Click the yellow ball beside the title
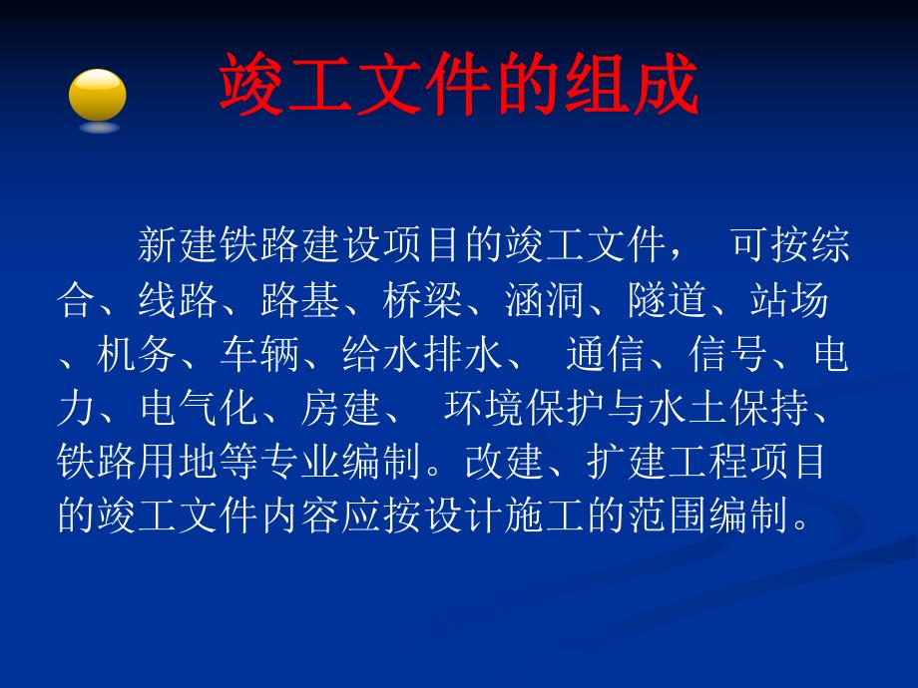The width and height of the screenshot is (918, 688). click(97, 96)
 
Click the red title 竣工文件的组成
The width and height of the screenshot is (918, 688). click(458, 86)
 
